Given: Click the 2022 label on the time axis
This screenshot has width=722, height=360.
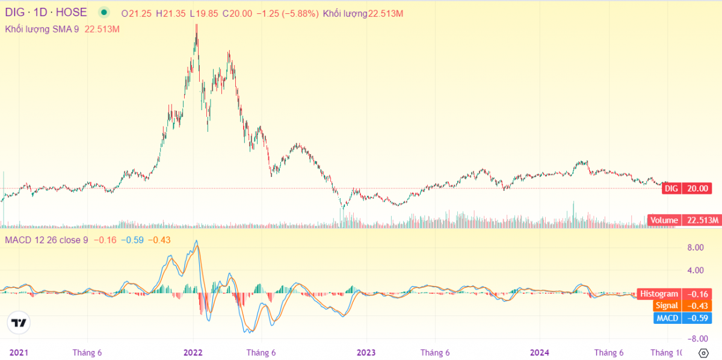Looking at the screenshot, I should point(193,352).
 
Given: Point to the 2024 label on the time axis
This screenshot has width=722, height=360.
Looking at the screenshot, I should point(539,352).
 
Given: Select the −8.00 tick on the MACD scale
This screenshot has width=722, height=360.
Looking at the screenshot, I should point(696,338).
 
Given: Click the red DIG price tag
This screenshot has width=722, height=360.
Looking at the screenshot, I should point(671,188).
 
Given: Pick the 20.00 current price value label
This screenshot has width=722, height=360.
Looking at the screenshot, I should point(699,188).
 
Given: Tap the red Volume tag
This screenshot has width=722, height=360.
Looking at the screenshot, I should point(664,220).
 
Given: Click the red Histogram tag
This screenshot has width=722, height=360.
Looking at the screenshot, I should point(659,294).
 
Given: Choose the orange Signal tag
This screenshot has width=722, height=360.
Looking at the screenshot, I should point(667,306).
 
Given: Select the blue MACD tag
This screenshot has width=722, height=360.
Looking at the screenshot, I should point(667,318).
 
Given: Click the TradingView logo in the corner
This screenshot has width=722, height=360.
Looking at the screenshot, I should point(19,323).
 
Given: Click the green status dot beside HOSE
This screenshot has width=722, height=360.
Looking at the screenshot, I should point(103,13).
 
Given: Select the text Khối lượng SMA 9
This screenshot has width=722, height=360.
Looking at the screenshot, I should point(42,28).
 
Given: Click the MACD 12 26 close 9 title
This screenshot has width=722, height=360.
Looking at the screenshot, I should point(47,240).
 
